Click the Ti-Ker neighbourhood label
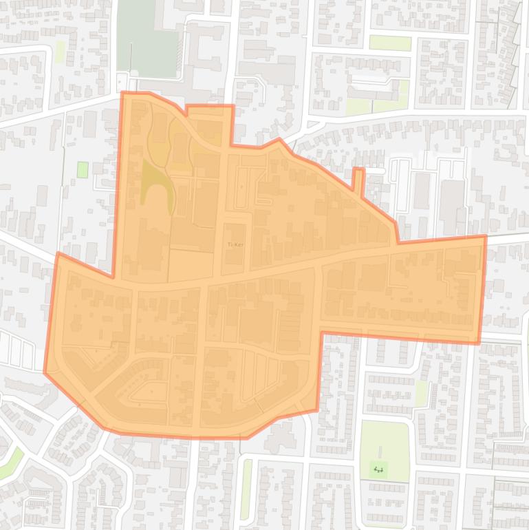click(x=235, y=244)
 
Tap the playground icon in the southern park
click(x=378, y=469)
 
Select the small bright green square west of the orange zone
click(x=83, y=169)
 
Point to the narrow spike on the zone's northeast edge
click(x=358, y=178)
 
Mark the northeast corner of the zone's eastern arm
click(x=485, y=237)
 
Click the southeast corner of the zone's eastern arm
click(x=479, y=342)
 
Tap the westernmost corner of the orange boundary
click(x=45, y=372)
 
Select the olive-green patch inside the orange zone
click(x=155, y=182)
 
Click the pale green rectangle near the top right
click(x=390, y=43)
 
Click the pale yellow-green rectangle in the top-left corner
click(x=61, y=51)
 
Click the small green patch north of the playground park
click(x=421, y=393)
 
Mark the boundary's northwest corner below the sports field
click(x=123, y=93)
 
